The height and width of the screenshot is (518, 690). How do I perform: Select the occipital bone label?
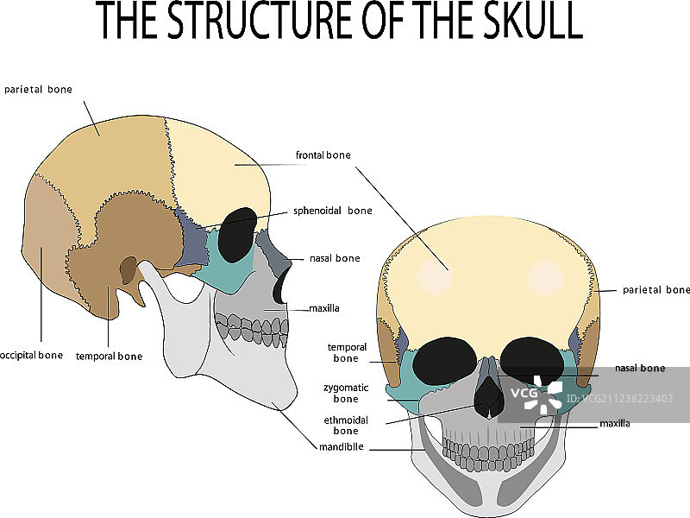[32, 355]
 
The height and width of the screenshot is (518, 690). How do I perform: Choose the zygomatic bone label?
[340, 394]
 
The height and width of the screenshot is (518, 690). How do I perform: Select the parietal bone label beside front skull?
[656, 290]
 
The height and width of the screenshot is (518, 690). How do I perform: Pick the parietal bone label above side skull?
[38, 89]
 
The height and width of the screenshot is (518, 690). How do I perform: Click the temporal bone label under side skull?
[109, 356]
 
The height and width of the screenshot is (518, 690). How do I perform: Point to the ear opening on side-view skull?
[128, 271]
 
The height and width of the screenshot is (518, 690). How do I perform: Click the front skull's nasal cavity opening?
[489, 395]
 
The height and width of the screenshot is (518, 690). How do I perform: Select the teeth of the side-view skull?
[252, 328]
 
